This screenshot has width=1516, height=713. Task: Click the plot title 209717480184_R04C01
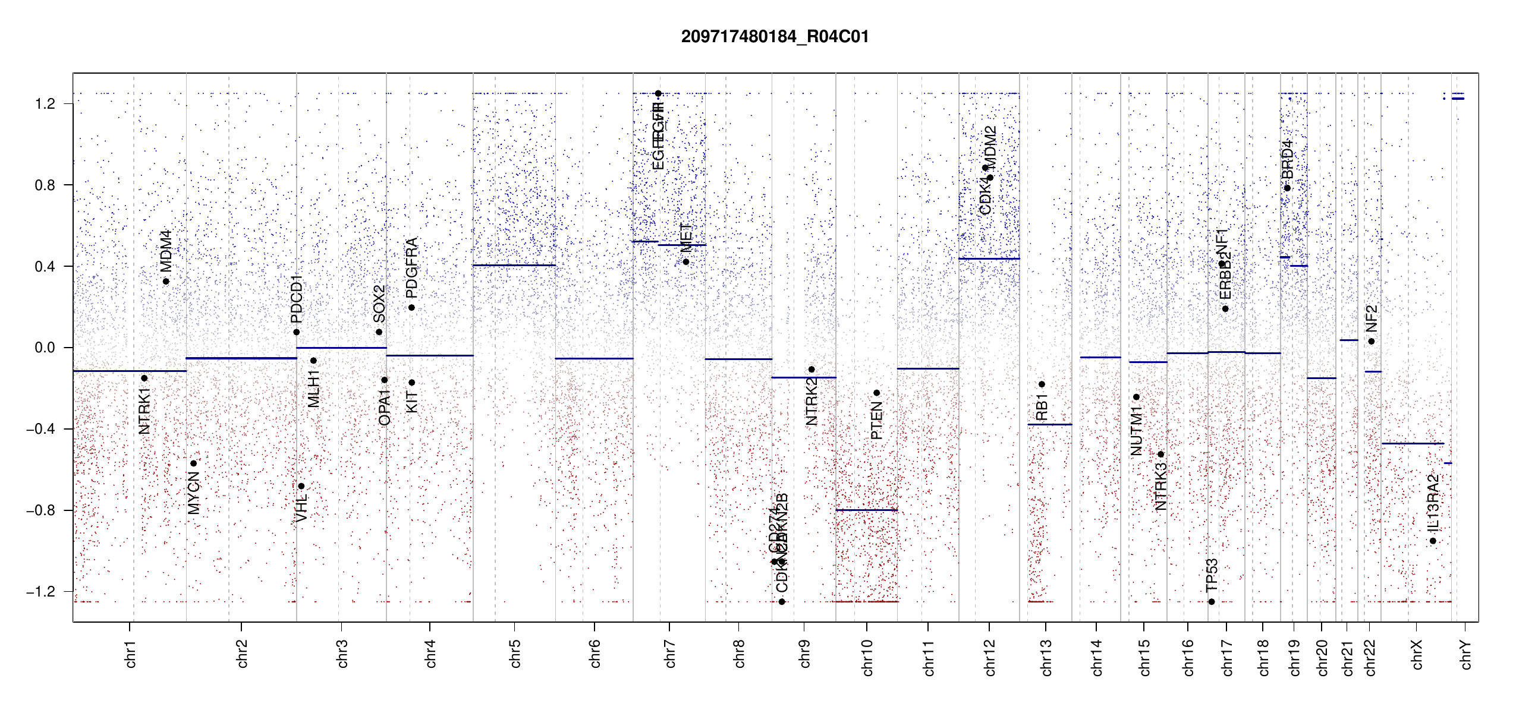(775, 37)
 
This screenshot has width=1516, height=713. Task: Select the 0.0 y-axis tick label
(45, 348)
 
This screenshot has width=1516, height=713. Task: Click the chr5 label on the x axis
(515, 654)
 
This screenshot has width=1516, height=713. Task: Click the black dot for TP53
(1212, 602)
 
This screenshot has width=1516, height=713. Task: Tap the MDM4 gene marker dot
(166, 282)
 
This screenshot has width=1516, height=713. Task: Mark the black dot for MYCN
(193, 463)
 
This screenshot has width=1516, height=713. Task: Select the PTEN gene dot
(876, 393)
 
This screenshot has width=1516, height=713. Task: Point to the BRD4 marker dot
(1287, 188)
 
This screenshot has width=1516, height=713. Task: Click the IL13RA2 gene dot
(1433, 541)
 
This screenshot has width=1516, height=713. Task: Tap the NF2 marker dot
(1371, 341)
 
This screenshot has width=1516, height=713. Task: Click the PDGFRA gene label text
(411, 268)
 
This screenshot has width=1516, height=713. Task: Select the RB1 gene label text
(1042, 407)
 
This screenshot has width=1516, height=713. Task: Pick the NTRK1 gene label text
(144, 411)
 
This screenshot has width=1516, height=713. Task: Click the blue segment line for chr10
(866, 510)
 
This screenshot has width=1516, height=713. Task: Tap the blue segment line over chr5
(514, 265)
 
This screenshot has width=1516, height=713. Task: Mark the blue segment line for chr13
(1049, 424)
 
